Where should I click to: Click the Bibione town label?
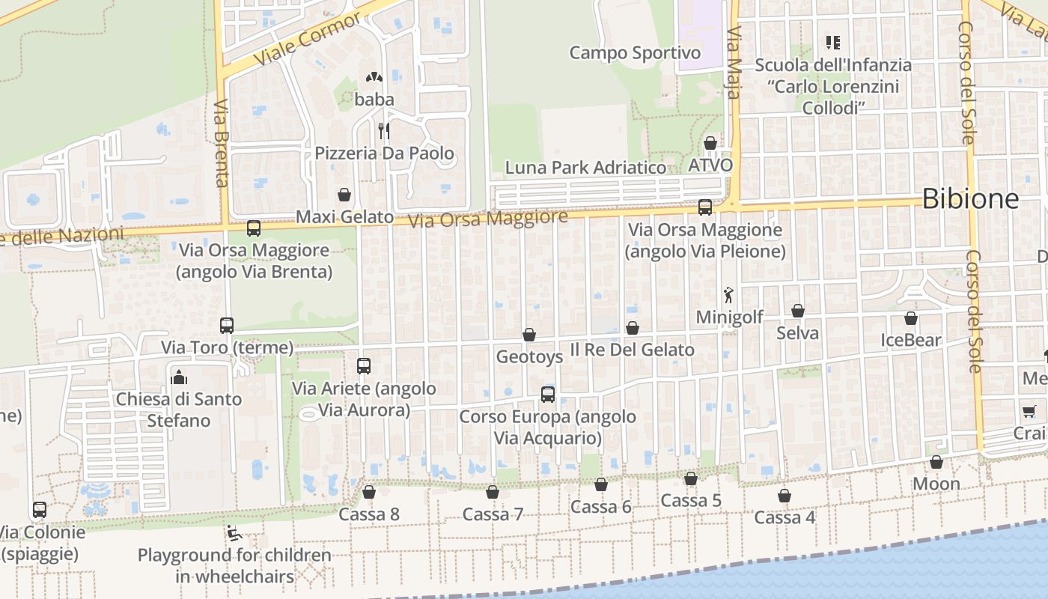point(970,198)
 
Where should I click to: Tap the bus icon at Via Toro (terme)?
point(227,326)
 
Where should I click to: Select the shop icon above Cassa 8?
point(369,492)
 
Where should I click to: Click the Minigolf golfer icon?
point(728,296)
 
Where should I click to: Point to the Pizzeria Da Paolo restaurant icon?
point(384,131)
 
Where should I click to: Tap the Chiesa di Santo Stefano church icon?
point(179,377)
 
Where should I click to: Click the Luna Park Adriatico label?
point(585,167)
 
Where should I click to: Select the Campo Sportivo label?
point(635,52)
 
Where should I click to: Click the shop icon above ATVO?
point(710,143)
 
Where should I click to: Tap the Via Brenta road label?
point(221,142)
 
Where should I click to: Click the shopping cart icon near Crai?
point(1029,411)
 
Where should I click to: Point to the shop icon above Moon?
point(936,462)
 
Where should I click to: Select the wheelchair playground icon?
point(234,533)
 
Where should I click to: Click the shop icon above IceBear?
point(911,318)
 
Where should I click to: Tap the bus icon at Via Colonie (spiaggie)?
point(40,510)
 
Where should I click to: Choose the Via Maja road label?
point(734,63)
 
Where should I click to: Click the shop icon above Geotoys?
point(529,335)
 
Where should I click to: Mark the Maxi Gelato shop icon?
point(344,195)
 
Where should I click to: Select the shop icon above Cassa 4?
point(785,496)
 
